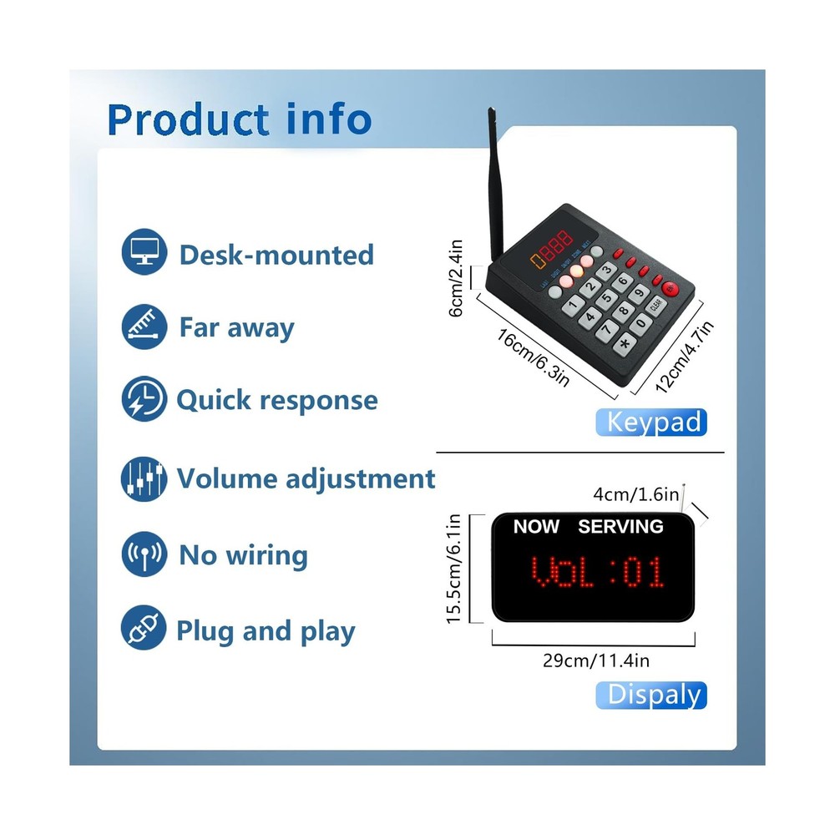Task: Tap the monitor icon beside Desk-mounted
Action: (x=144, y=254)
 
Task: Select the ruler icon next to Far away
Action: (x=144, y=326)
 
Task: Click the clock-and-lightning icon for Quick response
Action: (x=144, y=399)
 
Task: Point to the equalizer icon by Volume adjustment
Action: (x=144, y=478)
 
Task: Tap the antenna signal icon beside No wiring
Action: (x=144, y=554)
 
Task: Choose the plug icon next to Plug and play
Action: (x=144, y=630)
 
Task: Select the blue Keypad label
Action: (x=652, y=422)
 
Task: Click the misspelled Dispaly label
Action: (x=652, y=695)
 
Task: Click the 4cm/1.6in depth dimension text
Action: (x=636, y=494)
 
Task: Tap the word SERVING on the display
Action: (x=620, y=527)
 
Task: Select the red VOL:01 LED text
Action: (x=598, y=574)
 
